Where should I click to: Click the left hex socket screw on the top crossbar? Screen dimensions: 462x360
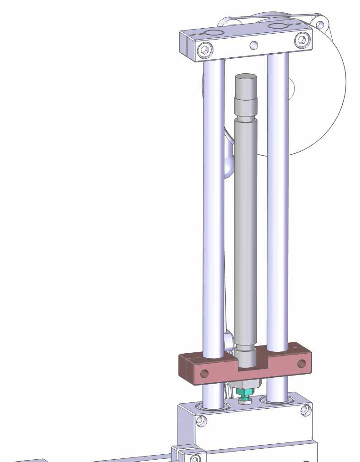coord(206,50)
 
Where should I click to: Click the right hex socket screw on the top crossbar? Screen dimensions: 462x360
coord(301,41)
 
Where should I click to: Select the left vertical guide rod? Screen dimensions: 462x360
coord(213,205)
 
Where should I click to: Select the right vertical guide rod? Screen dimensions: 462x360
coord(277,205)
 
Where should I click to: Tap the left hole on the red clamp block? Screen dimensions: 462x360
coord(204,374)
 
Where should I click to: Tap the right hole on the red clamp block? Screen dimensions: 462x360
coord(301,363)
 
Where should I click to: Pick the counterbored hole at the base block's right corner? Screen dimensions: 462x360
coord(304,410)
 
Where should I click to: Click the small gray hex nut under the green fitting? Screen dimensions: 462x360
coord(245,401)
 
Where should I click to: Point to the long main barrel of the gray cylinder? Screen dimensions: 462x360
coord(246,228)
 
